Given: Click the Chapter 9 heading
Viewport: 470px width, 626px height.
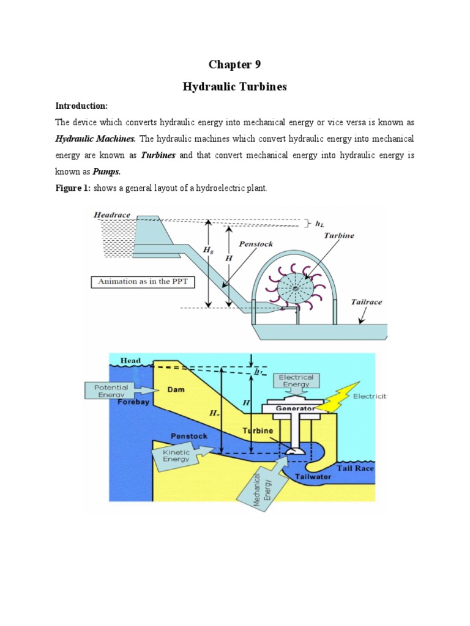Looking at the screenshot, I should tap(234, 65).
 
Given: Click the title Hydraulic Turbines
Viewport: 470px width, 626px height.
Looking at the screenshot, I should tap(234, 87).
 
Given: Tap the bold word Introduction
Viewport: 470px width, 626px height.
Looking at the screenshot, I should tap(82, 106).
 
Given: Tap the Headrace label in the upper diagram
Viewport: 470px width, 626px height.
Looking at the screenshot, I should tap(112, 215).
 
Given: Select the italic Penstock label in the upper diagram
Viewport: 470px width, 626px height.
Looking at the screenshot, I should tap(256, 244).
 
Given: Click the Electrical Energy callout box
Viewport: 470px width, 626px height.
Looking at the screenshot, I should tap(296, 381).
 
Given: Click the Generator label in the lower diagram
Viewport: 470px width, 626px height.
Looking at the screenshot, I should tap(296, 408).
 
